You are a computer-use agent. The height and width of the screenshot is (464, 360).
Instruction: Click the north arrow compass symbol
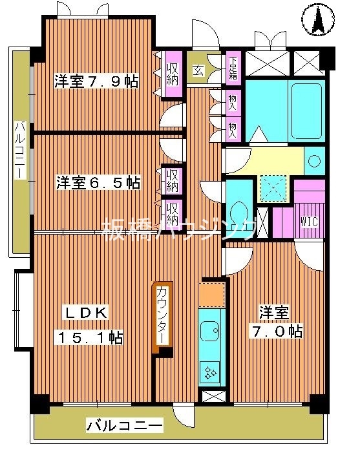click(x=318, y=20)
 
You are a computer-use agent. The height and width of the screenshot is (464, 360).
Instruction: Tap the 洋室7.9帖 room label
click(x=96, y=82)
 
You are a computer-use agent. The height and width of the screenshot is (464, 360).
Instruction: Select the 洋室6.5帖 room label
click(x=98, y=183)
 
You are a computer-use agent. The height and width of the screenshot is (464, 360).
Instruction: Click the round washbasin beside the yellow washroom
click(x=315, y=158)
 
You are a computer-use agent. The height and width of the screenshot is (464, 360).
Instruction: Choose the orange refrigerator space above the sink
click(x=211, y=294)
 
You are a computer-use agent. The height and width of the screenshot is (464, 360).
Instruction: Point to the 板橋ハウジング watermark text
click(x=180, y=229)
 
